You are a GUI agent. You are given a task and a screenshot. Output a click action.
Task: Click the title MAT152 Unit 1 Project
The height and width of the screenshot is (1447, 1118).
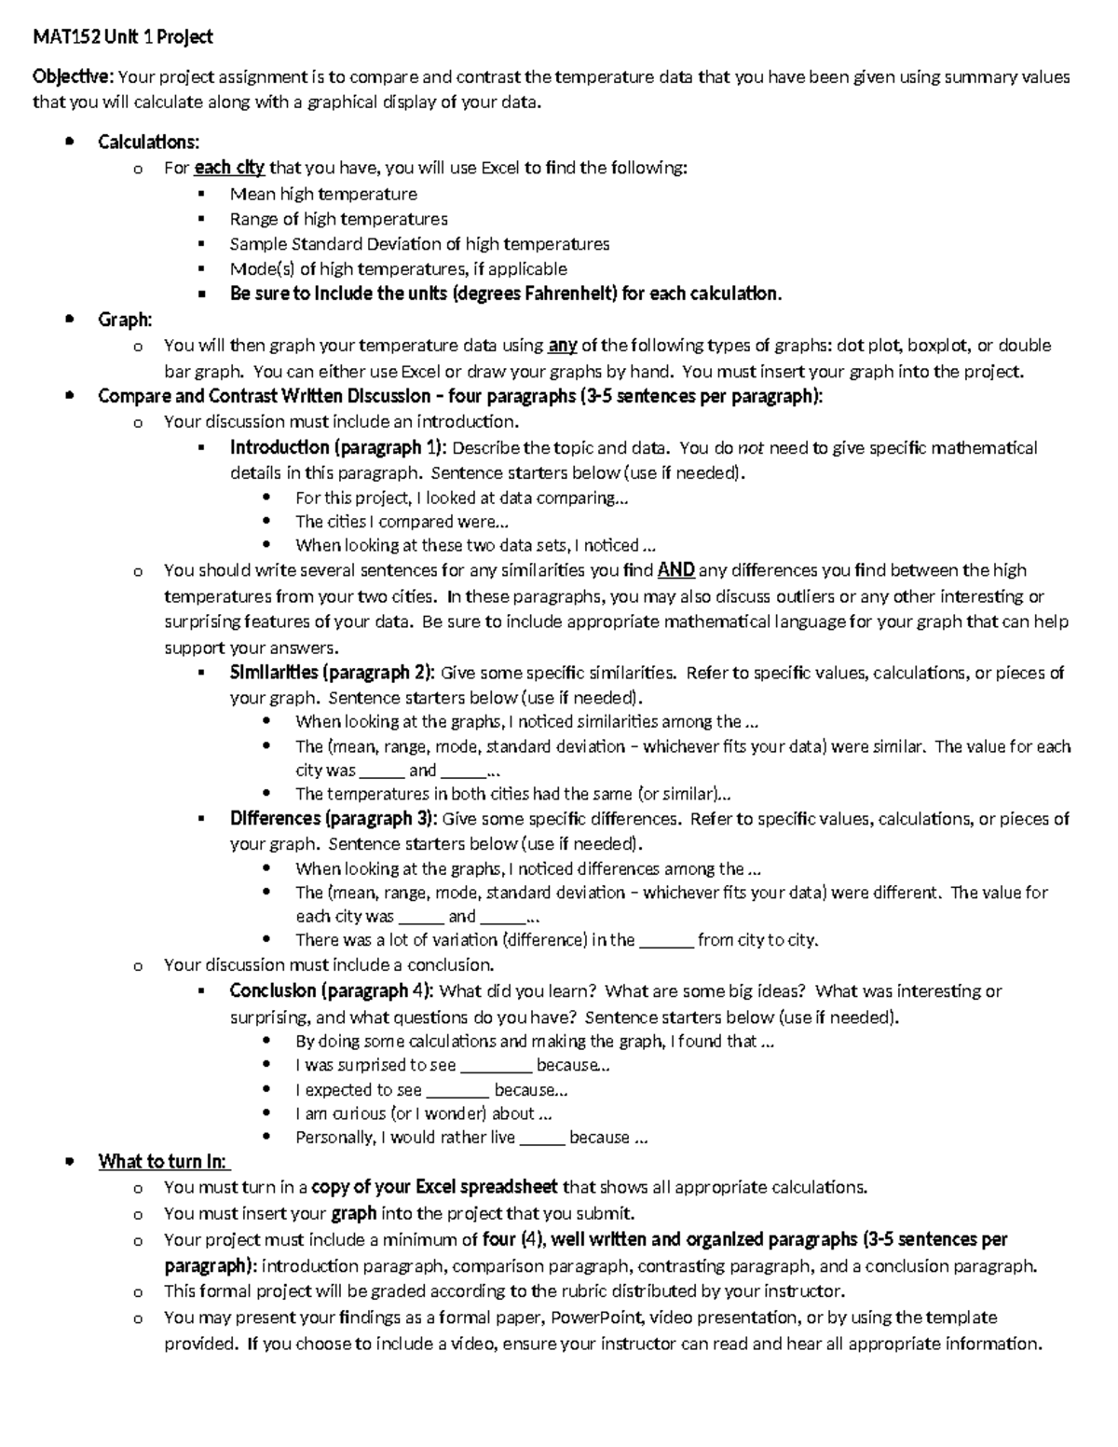123,37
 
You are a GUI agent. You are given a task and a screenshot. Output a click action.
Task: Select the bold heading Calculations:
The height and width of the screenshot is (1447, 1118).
148,142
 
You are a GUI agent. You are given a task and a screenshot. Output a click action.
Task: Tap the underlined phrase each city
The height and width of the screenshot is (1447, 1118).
229,168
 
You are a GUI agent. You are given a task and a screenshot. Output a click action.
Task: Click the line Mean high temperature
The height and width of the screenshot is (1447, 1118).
323,194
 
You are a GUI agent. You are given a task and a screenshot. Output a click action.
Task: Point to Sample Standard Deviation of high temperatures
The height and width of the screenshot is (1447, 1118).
419,244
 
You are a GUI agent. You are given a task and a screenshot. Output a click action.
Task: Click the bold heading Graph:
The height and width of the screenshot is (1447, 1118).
125,320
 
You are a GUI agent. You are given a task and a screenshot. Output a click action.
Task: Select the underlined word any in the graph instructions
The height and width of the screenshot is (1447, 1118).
563,346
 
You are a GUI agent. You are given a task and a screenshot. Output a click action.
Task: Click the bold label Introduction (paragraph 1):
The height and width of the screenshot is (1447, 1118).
338,447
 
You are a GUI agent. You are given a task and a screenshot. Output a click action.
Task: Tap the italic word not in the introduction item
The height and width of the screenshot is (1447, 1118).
751,447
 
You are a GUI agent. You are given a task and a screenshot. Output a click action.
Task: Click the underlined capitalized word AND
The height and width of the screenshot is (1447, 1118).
675,570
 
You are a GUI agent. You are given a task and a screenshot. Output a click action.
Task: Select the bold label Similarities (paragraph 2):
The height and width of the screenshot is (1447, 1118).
332,673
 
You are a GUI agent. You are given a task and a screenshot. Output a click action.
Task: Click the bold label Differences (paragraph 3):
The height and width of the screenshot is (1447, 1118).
333,819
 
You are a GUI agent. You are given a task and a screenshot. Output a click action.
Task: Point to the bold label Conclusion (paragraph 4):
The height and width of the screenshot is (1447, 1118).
332,990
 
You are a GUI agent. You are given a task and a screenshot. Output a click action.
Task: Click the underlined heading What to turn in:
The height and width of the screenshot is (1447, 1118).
164,1161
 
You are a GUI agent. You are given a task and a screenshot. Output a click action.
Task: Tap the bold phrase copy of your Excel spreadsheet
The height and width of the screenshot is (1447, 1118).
434,1187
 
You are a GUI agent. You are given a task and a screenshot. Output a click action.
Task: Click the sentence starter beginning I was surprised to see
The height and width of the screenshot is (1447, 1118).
452,1065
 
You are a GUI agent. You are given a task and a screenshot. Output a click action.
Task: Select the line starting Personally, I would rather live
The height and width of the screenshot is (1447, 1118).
470,1137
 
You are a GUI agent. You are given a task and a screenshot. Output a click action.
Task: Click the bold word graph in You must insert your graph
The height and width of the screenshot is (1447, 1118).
354,1213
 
